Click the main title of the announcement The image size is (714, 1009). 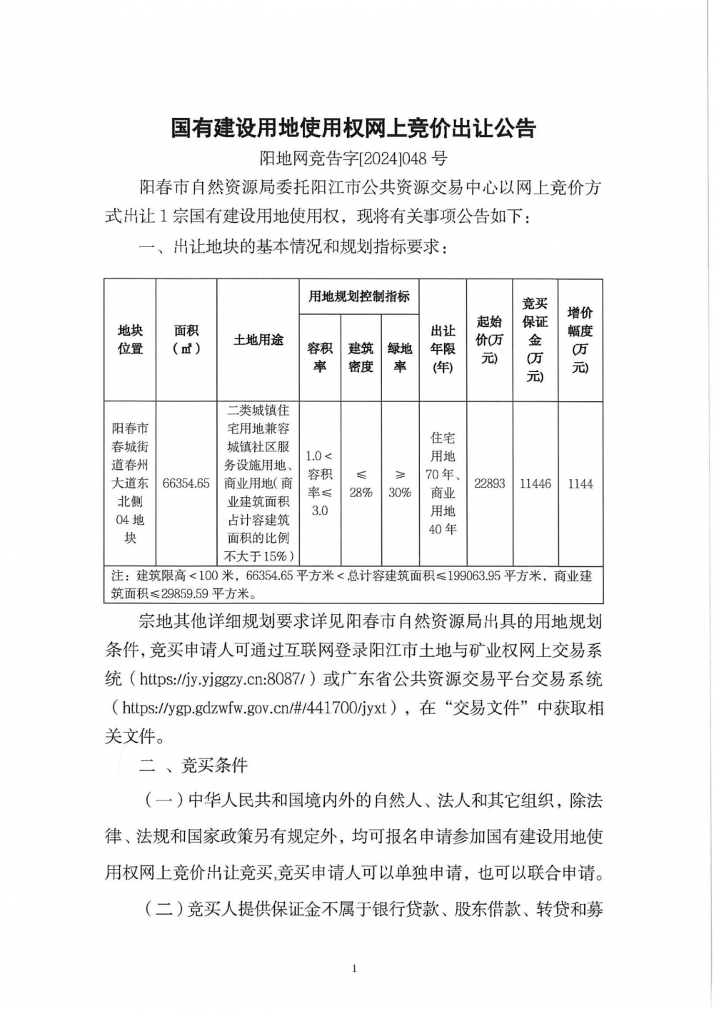click(353, 129)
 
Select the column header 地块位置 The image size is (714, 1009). click(130, 340)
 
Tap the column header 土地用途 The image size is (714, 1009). click(258, 340)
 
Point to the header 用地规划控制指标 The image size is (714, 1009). click(359, 296)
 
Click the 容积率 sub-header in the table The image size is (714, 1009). click(320, 357)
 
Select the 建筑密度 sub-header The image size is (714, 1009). click(361, 357)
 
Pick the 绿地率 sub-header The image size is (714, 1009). click(400, 357)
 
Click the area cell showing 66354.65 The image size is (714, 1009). click(186, 483)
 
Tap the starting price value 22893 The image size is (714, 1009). click(489, 483)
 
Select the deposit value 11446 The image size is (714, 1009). click(535, 483)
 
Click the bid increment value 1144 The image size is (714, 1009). click(580, 483)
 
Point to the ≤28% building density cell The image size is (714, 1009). click(361, 483)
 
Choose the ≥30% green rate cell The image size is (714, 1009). click(400, 483)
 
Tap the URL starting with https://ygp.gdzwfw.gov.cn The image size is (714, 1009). click(254, 708)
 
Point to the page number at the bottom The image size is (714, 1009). click(354, 969)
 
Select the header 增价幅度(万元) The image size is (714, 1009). click(580, 340)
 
